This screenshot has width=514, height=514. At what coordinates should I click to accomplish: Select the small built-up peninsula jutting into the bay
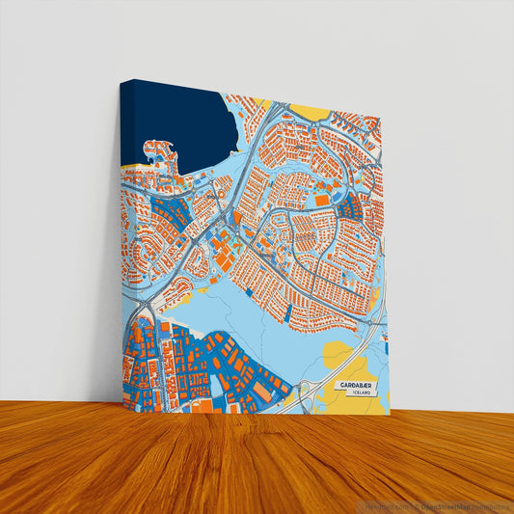[x=162, y=154]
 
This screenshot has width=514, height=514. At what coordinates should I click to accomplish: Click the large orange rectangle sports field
[x=319, y=200]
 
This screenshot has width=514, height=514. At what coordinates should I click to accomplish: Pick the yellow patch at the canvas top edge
[x=311, y=112]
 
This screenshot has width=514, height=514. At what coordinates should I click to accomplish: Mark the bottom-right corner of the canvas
[x=385, y=415]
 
